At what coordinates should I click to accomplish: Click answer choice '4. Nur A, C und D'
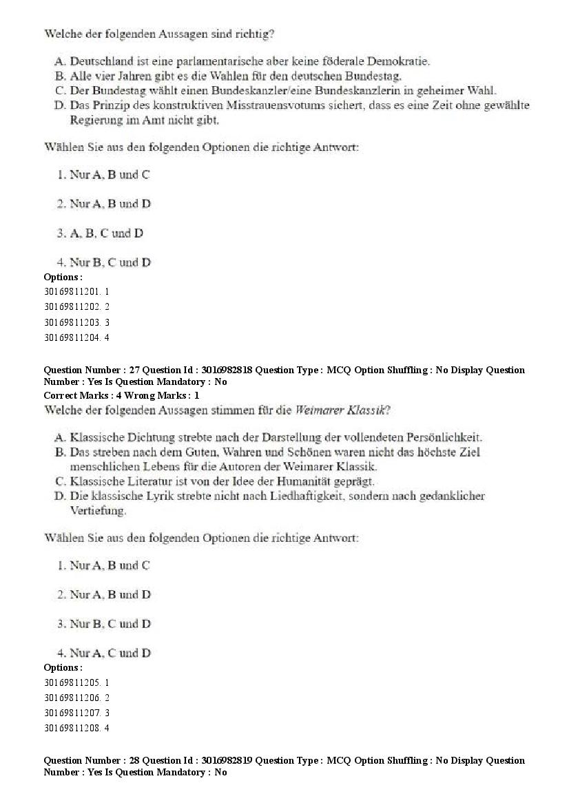(104, 653)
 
